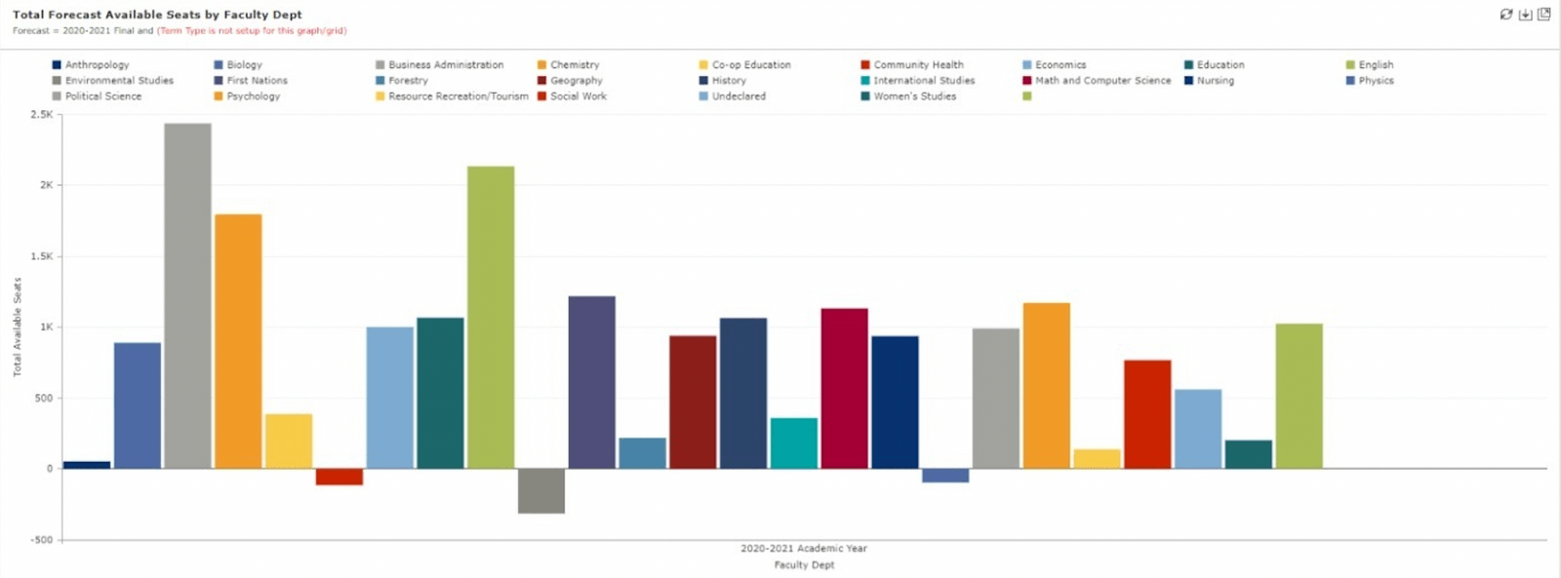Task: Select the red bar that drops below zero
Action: [x=339, y=477]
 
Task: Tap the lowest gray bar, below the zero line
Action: [x=540, y=490]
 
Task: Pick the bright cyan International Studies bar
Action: [x=793, y=443]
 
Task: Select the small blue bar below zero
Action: [x=945, y=476]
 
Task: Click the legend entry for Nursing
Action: [x=1215, y=81]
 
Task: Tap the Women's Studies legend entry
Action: [x=914, y=96]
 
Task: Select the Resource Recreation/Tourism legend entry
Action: [x=458, y=96]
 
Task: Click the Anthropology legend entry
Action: [x=97, y=65]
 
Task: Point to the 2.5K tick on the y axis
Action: [x=42, y=115]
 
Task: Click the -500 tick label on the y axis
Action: [x=41, y=540]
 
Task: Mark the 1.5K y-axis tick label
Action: [x=42, y=256]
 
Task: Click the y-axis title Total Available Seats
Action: [x=18, y=327]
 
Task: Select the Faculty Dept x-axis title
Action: [x=804, y=565]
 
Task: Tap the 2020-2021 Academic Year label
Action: [x=803, y=549]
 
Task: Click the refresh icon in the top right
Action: [x=1506, y=15]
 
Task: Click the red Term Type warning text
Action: [x=252, y=31]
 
